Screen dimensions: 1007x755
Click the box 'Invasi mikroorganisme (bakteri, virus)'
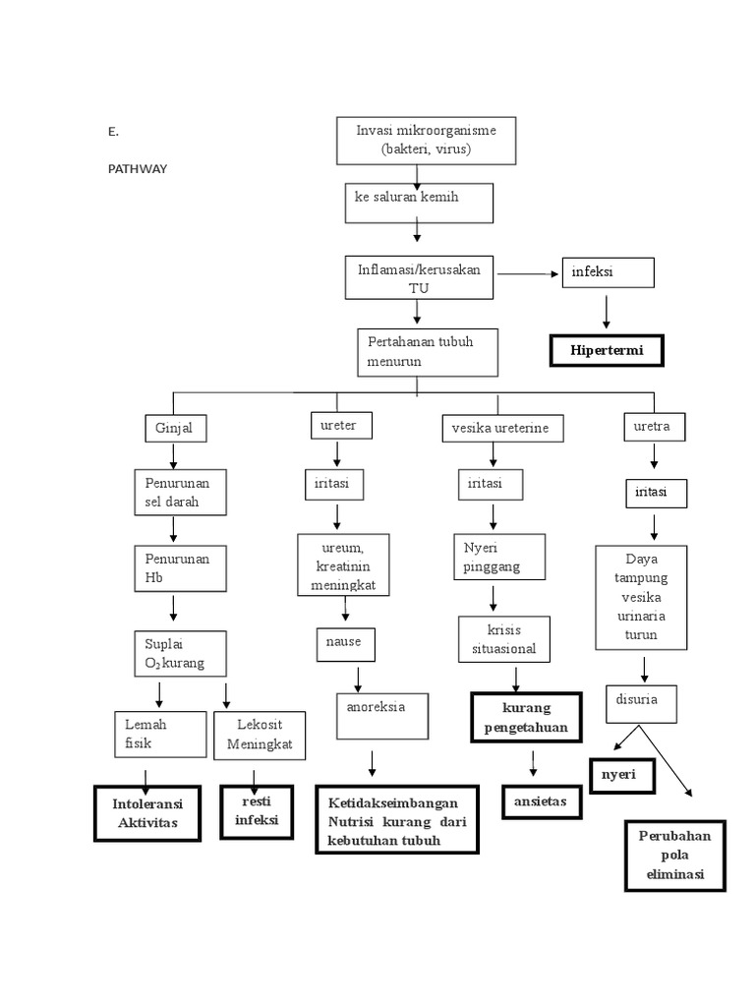click(426, 141)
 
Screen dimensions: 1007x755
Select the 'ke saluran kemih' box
click(418, 203)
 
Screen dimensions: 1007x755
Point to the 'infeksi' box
click(607, 272)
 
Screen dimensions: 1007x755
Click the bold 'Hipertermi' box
click(606, 350)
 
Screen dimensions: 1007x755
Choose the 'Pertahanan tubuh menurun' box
click(428, 352)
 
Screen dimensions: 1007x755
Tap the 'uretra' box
click(653, 427)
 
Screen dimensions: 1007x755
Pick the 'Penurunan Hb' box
click(180, 567)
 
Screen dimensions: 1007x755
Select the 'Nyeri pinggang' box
click(498, 559)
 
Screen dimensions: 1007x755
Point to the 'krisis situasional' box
click(503, 639)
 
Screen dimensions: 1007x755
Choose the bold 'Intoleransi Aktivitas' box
click(146, 813)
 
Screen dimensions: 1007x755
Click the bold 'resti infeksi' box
click(257, 811)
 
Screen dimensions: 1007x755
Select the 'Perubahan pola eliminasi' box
click(674, 855)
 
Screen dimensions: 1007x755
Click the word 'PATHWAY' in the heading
click(137, 169)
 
